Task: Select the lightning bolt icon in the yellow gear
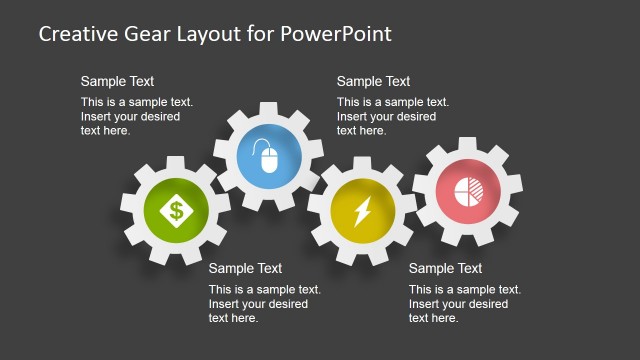(x=362, y=211)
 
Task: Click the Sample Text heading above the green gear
(x=118, y=82)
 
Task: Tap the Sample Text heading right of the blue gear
(x=374, y=82)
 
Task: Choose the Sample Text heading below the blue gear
(x=246, y=268)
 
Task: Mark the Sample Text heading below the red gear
(x=446, y=268)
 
